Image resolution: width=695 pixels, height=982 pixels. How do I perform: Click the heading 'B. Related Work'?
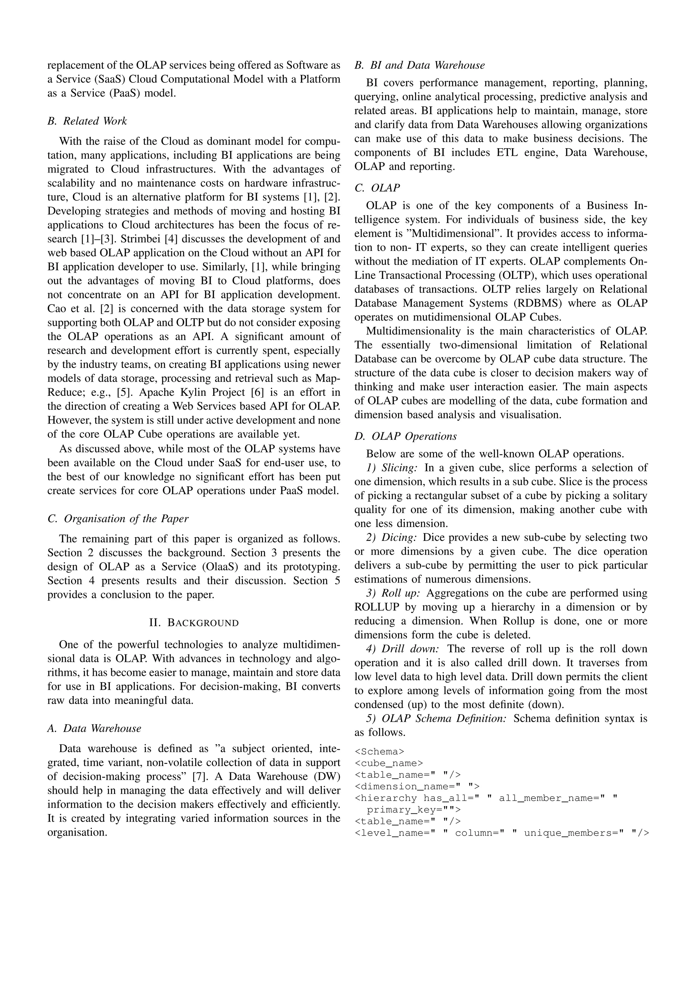(87, 121)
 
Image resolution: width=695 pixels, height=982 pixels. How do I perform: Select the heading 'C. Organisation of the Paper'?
(118, 518)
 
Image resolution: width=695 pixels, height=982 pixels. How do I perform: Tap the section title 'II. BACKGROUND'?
(194, 622)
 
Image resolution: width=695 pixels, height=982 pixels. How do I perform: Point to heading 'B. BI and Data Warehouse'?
(419, 65)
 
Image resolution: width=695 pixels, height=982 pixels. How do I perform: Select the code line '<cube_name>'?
(389, 763)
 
